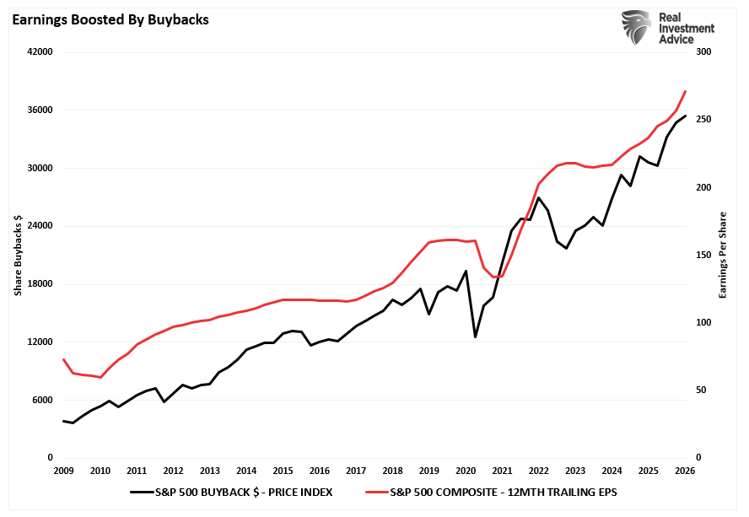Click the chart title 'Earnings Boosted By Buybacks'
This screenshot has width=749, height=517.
coord(110,19)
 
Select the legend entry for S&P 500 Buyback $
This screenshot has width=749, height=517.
coord(232,492)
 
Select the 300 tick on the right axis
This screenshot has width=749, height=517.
coord(702,52)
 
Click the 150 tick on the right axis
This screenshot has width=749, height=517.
coord(702,256)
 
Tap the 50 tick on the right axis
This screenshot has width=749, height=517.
coord(699,390)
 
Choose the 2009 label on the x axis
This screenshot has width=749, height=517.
coord(63,471)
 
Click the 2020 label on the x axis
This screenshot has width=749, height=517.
coord(466,471)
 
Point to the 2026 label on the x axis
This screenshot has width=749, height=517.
coord(685,471)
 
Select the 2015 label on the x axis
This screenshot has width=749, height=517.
coord(283,471)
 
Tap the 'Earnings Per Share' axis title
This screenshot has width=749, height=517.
coord(722,255)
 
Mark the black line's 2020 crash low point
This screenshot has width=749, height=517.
coord(476,337)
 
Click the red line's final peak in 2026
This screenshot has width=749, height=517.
coord(685,91)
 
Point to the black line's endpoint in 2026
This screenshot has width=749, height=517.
coord(685,116)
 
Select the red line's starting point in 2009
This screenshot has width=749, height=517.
coord(63,359)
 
